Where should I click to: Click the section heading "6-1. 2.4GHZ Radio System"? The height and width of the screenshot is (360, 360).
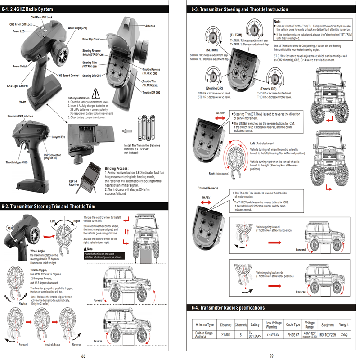[28, 9]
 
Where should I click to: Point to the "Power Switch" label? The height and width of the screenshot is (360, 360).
[20, 66]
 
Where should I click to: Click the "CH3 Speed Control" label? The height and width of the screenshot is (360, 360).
[68, 76]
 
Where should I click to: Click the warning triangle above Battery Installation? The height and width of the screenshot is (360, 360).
[96, 94]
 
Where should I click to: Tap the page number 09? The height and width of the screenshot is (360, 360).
[271, 355]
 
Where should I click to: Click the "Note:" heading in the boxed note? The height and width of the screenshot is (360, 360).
[278, 22]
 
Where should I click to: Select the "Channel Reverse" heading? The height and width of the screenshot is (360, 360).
[208, 188]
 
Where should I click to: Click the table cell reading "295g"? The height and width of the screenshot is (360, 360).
[344, 334]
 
